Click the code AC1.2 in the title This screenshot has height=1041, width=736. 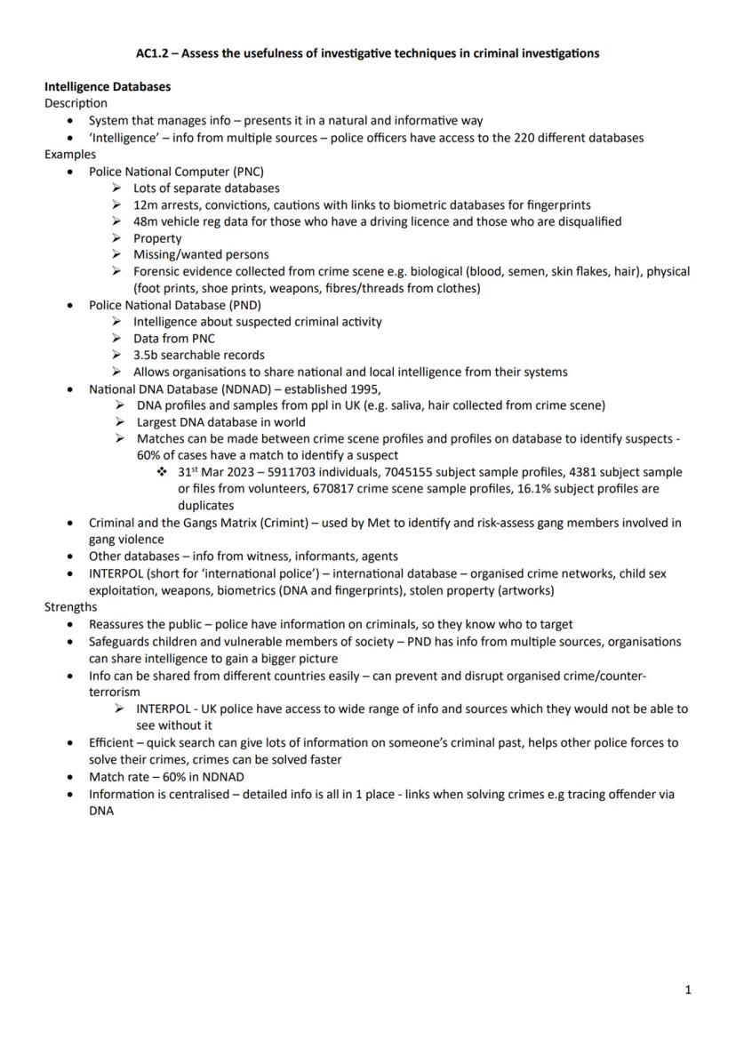[153, 53]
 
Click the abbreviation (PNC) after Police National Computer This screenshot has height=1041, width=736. [248, 172]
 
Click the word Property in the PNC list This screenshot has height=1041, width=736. [157, 238]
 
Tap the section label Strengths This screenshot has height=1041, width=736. [71, 607]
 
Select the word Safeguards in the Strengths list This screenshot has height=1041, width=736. [122, 641]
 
